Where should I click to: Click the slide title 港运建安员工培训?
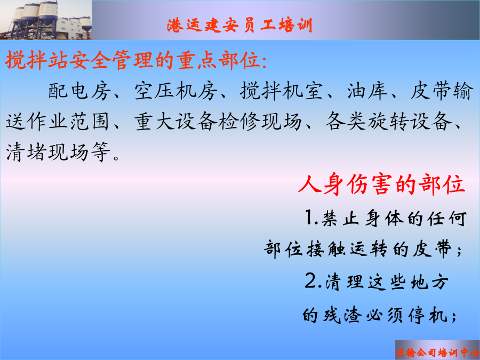coord(239,25)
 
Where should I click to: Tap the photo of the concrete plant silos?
coord(46,20)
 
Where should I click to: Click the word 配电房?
coord(79,91)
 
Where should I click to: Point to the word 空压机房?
coord(176,91)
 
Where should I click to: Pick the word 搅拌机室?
coord(282,91)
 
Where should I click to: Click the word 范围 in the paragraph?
coord(90,121)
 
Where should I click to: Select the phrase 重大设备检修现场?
coord(218,121)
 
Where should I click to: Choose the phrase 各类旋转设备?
coord(388,121)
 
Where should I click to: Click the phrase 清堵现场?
coord(47,152)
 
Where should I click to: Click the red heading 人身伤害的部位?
coord(382,185)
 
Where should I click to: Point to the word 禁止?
coord(340,218)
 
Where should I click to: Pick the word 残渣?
coord(342,315)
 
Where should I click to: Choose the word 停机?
coord(428,315)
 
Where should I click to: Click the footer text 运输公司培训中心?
coord(437,353)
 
